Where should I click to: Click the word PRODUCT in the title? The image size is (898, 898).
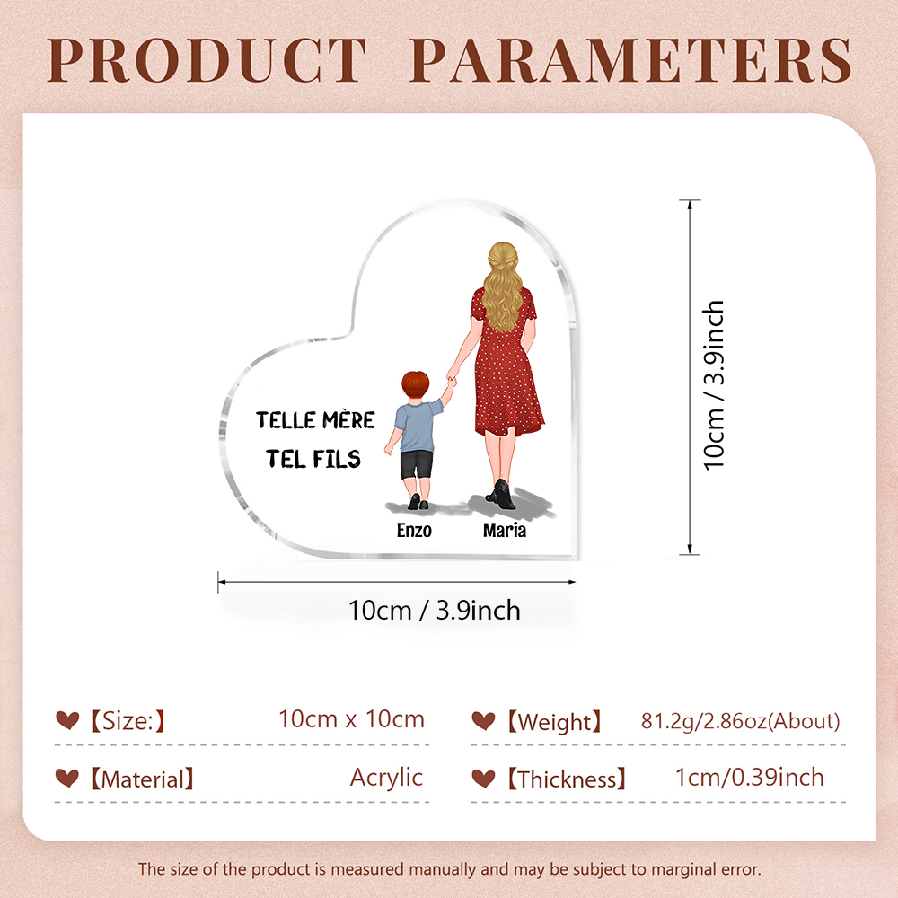207,60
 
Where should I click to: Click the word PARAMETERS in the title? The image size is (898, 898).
631,60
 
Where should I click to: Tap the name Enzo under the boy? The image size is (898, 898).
414,531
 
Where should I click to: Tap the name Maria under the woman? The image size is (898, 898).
505,531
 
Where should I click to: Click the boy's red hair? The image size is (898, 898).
415,384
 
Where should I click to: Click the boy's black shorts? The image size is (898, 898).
417,464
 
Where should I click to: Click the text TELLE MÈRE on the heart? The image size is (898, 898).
315,419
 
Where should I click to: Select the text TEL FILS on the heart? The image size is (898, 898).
313,459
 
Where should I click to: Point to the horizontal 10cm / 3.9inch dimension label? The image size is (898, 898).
434,611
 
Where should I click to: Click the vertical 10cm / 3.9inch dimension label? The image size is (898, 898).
714,385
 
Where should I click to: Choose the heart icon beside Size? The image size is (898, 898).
67,720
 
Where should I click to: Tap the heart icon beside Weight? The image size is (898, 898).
483,721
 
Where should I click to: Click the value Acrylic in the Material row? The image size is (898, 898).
386,778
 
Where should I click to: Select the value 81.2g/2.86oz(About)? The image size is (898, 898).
741,721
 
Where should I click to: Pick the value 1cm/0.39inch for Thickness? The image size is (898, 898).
750,778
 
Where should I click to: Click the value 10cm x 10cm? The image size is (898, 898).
352,719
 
